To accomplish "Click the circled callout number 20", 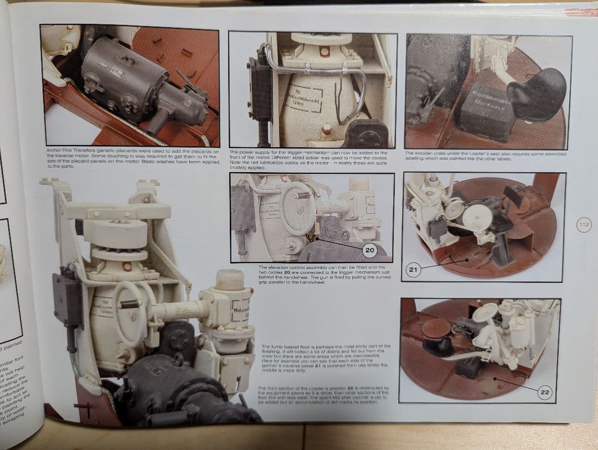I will (369, 251).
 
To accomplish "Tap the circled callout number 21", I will (413, 270).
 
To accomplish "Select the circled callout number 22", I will (545, 392).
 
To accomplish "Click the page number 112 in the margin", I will (584, 225).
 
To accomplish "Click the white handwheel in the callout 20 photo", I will (298, 207).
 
